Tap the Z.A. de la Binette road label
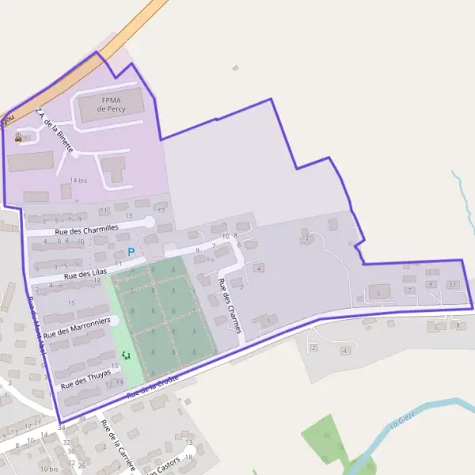55,131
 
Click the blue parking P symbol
131,252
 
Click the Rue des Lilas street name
85,273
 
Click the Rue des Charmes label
229,305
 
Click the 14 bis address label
78,180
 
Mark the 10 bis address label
49,469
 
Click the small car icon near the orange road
18,137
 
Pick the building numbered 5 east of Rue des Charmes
379,293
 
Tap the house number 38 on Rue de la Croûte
82,417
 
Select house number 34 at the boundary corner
61,427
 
